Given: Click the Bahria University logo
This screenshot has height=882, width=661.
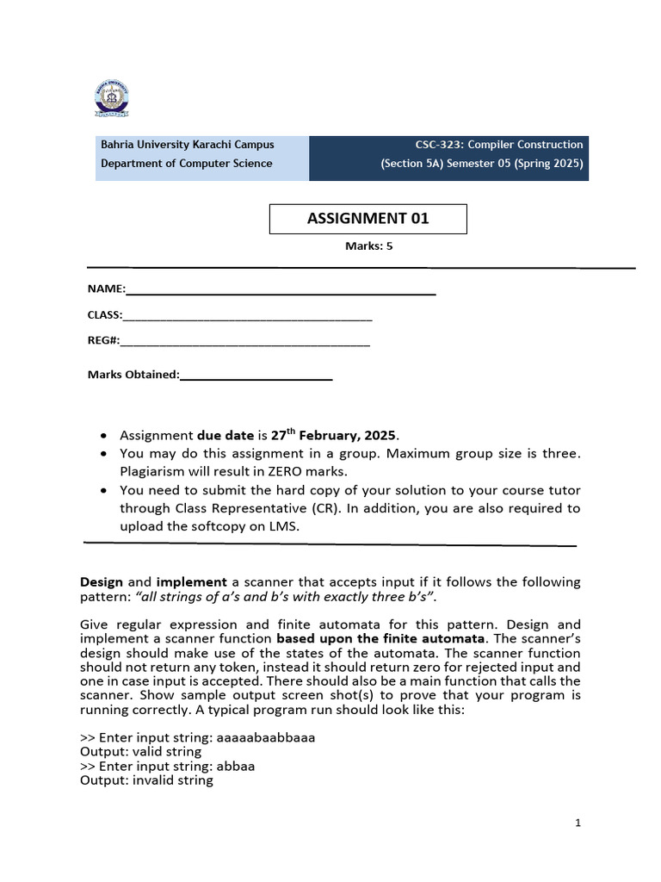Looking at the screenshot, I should click(x=111, y=99).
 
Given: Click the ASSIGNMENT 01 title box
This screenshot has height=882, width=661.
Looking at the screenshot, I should click(x=368, y=219).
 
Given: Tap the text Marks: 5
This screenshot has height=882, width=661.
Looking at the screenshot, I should click(x=368, y=245).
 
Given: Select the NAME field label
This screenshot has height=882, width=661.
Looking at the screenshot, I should click(x=106, y=289).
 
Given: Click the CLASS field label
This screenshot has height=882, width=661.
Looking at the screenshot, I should click(x=105, y=315).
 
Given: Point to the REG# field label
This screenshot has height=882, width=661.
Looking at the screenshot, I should click(x=103, y=340).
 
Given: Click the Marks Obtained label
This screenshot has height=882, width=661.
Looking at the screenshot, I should click(x=133, y=375).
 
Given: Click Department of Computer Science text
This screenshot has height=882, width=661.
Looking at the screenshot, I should click(x=187, y=164).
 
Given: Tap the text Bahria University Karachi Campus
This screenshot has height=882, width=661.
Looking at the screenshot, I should click(x=188, y=145).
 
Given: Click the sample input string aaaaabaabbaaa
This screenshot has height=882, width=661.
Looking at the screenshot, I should click(x=267, y=738).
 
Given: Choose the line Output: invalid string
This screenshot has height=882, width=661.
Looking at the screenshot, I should click(x=146, y=780).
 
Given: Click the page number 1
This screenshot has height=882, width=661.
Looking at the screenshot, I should click(x=578, y=823).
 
